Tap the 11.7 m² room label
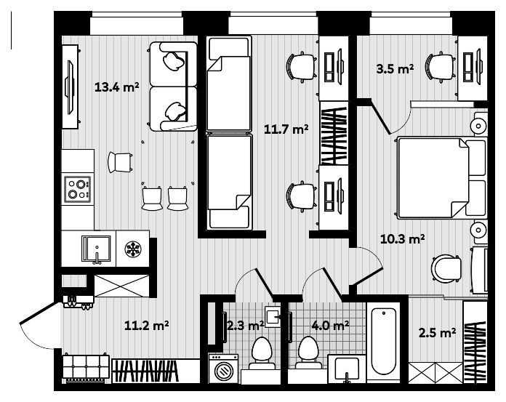pos(286,130)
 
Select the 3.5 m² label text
pos(395,70)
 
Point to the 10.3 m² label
pos(403,237)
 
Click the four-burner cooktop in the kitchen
pos(77,189)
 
